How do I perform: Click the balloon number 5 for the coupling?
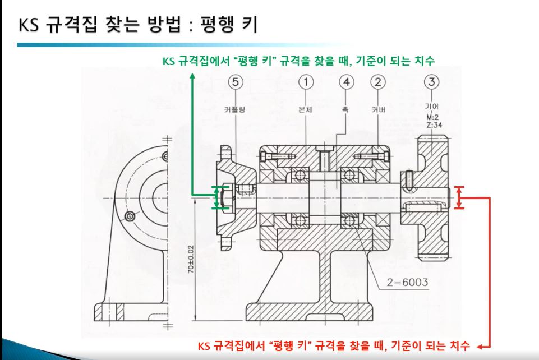[236, 82]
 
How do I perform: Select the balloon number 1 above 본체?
[306, 82]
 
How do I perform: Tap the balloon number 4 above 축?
[347, 82]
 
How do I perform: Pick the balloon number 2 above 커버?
[378, 82]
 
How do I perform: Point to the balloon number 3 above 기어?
[431, 82]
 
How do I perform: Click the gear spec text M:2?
[432, 117]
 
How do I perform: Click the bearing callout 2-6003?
[406, 281]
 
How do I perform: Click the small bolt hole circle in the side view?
[131, 216]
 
